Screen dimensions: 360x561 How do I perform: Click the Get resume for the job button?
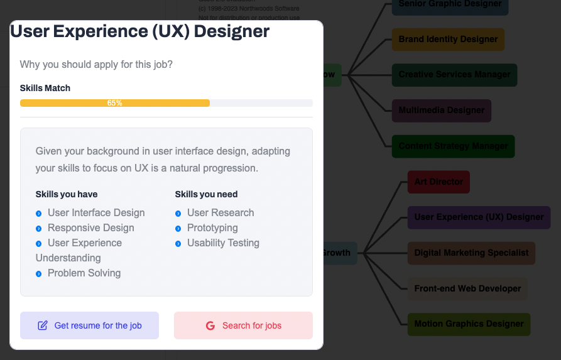(x=89, y=325)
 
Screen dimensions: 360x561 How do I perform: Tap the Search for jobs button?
(x=243, y=325)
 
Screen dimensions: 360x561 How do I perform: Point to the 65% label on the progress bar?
(x=114, y=103)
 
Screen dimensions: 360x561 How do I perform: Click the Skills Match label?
(x=45, y=88)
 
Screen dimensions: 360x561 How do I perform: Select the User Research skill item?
(x=220, y=212)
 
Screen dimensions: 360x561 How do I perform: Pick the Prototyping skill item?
(x=212, y=227)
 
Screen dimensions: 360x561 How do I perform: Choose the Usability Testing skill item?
(x=223, y=243)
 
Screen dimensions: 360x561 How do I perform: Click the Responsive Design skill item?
(x=90, y=227)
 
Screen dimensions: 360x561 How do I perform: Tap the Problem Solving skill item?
(x=84, y=273)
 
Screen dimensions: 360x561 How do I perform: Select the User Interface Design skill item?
(x=96, y=212)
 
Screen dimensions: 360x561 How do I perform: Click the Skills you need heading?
(x=206, y=194)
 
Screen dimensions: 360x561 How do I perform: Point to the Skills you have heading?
(x=67, y=194)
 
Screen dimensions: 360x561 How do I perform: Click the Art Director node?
(x=438, y=182)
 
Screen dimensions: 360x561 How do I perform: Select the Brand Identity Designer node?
(x=448, y=40)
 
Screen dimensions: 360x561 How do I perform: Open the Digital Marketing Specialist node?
(x=471, y=253)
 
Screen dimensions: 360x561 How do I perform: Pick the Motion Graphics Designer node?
(x=469, y=324)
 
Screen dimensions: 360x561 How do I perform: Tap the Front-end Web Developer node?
(x=467, y=289)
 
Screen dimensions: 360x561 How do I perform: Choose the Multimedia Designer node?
(x=441, y=111)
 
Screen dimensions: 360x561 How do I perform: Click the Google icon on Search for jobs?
(x=210, y=325)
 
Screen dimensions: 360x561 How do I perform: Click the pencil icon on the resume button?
(x=43, y=325)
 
